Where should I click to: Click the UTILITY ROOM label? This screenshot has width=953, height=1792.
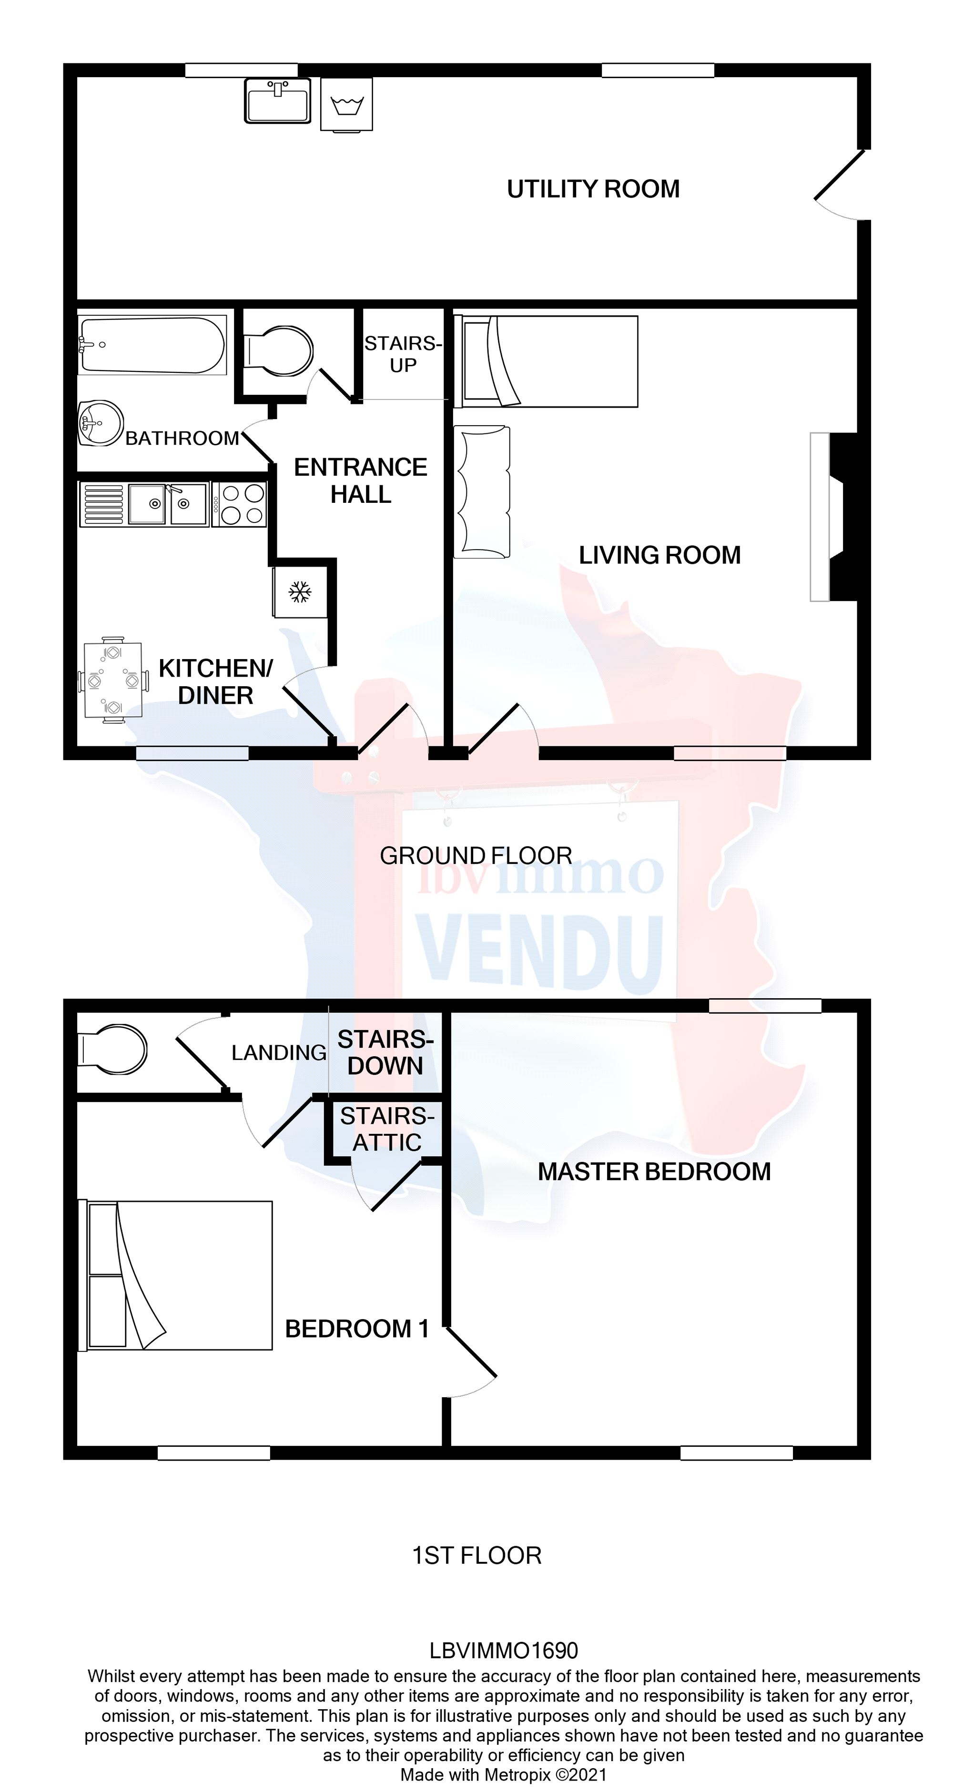593,189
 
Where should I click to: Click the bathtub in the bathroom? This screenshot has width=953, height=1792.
152,345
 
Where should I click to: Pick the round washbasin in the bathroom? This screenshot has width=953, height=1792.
100,422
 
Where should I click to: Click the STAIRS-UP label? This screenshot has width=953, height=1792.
403,354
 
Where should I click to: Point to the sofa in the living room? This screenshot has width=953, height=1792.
482,492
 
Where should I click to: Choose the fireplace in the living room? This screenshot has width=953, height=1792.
835,516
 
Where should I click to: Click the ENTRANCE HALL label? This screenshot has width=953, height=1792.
361,481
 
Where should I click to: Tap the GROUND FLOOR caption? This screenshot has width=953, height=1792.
476,856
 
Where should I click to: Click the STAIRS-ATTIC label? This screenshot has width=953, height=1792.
387,1129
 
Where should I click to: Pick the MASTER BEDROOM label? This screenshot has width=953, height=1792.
654,1171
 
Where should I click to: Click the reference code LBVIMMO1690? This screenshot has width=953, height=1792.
503,1650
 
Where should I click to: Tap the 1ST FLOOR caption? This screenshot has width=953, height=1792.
477,1555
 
